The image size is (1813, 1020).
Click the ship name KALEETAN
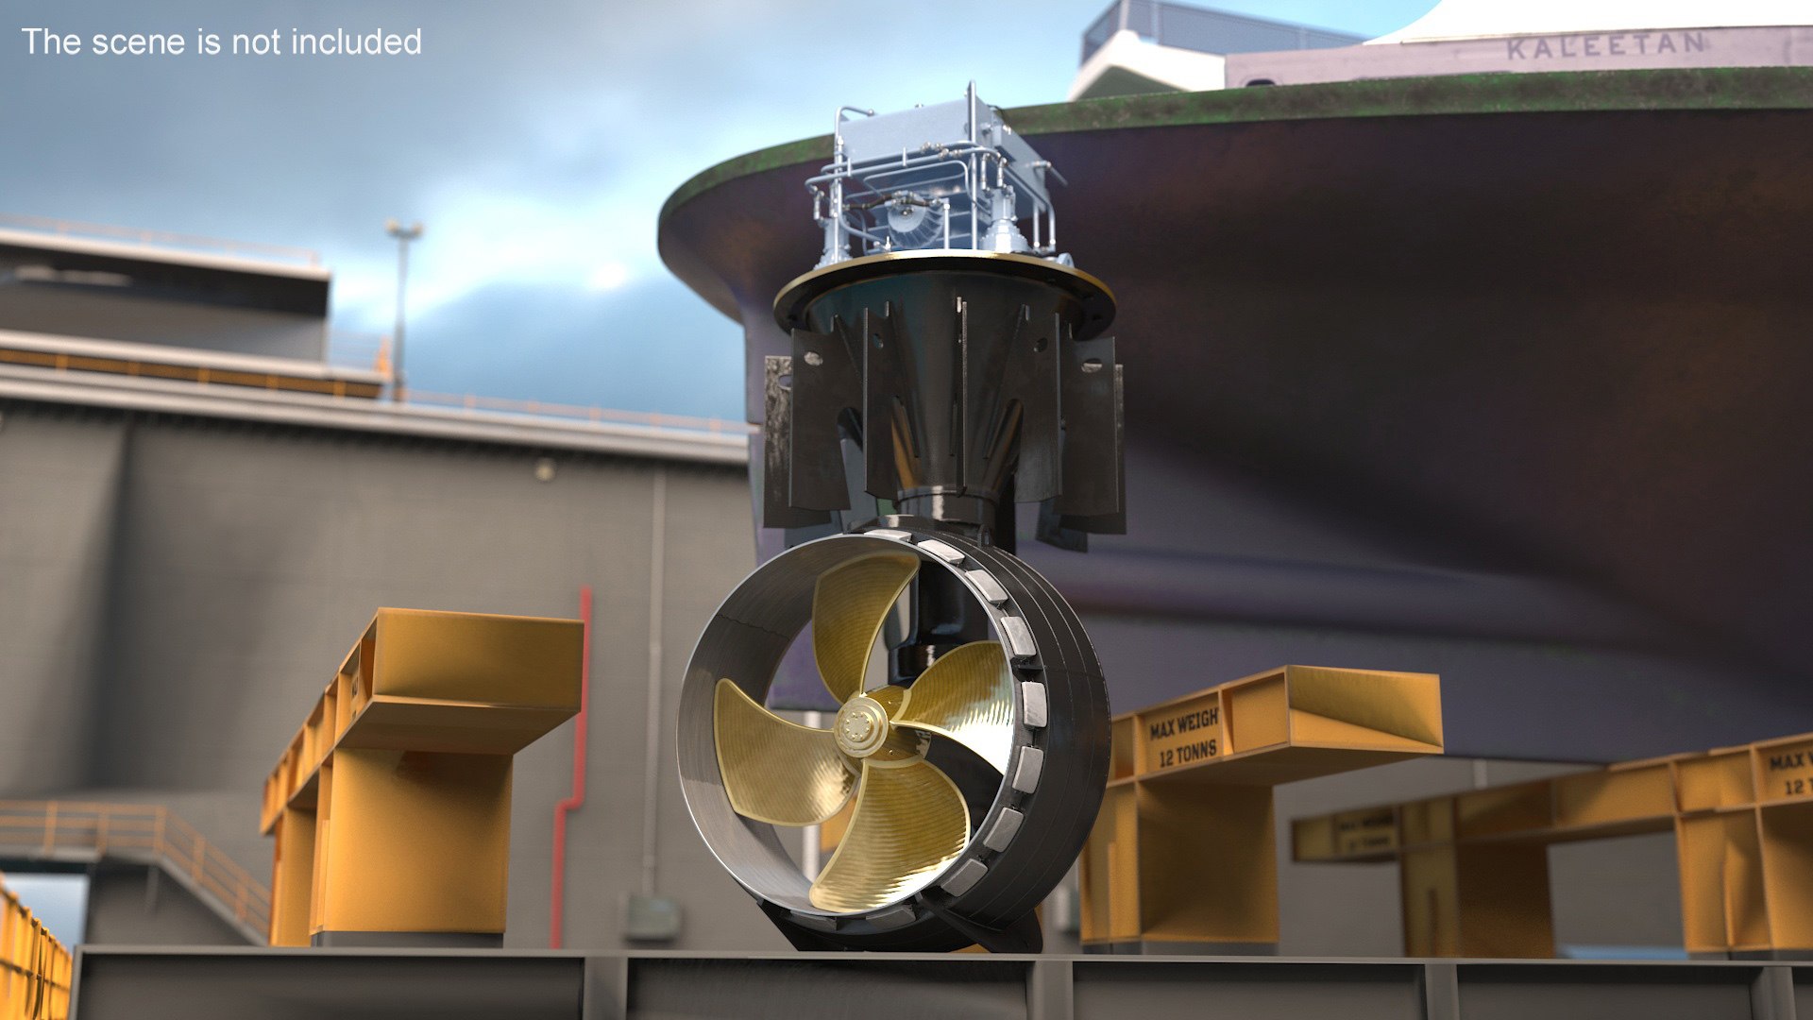tap(1606, 45)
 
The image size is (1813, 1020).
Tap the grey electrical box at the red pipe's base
tap(651, 916)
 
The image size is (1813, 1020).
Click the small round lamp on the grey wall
tap(543, 469)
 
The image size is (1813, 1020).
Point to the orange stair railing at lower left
tap(142, 841)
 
